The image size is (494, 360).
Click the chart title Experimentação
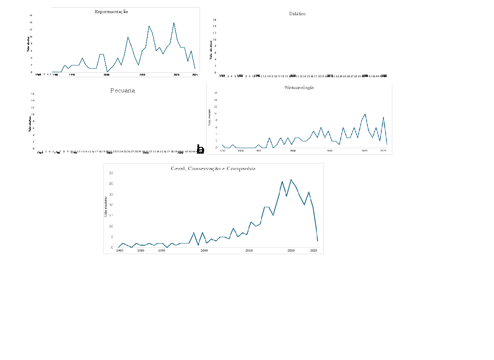(111, 12)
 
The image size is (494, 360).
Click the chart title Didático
(297, 14)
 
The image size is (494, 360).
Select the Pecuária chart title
(123, 90)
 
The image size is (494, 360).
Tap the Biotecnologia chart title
(299, 88)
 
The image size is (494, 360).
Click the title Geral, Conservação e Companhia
(213, 168)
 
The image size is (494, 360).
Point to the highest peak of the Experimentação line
(174, 23)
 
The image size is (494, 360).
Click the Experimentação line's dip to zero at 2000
(107, 72)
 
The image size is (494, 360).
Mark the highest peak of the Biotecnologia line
(365, 114)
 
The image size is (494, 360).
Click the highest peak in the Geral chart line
(291, 180)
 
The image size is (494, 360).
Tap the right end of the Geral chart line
(317, 241)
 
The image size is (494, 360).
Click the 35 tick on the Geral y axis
(111, 173)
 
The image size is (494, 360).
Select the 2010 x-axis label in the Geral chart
(249, 251)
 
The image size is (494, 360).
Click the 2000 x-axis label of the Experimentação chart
(107, 75)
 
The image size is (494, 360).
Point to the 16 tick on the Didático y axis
(214, 19)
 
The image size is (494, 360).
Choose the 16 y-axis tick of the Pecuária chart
(33, 94)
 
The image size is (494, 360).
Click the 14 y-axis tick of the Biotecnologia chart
(216, 100)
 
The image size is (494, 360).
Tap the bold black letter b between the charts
(201, 149)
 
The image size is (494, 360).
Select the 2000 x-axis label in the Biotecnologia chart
(293, 151)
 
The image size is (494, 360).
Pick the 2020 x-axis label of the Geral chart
(291, 251)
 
